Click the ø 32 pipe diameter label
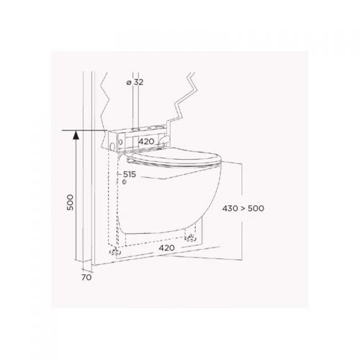135,82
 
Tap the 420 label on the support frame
146,141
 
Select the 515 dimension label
130,174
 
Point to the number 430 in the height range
230,208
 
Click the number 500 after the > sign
256,208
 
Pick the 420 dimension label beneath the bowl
166,248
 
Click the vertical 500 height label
70,202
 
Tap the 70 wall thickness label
86,277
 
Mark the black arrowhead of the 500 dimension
76,135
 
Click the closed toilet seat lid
177,158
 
